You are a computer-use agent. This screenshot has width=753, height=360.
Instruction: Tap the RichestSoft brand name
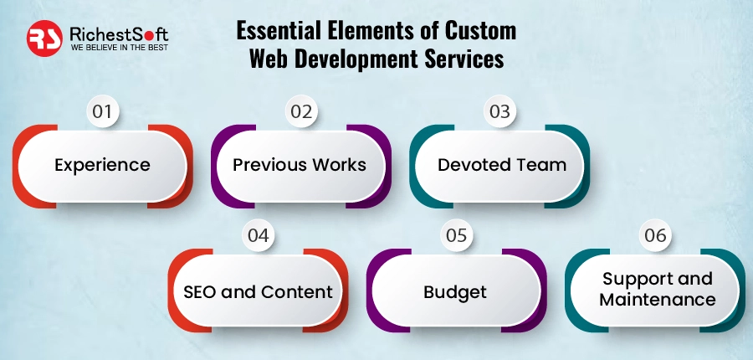pos(118,33)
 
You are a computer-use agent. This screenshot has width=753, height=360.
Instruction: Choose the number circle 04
pos(259,236)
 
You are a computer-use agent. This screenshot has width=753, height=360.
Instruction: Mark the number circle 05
pos(456,236)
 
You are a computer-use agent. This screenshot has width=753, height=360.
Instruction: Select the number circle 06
pos(656,236)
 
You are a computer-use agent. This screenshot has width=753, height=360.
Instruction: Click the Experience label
pos(102,164)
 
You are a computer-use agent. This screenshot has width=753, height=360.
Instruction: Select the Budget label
pos(455,292)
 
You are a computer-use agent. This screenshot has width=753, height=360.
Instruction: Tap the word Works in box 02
pos(341,164)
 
